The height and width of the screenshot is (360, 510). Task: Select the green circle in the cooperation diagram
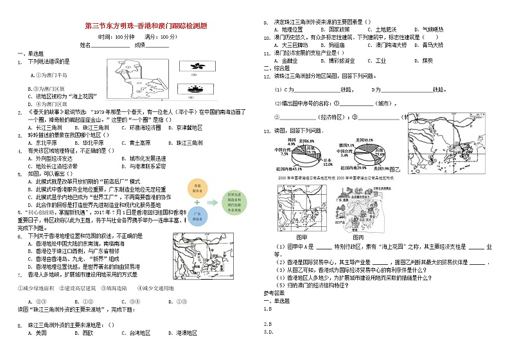tap(230, 200)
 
